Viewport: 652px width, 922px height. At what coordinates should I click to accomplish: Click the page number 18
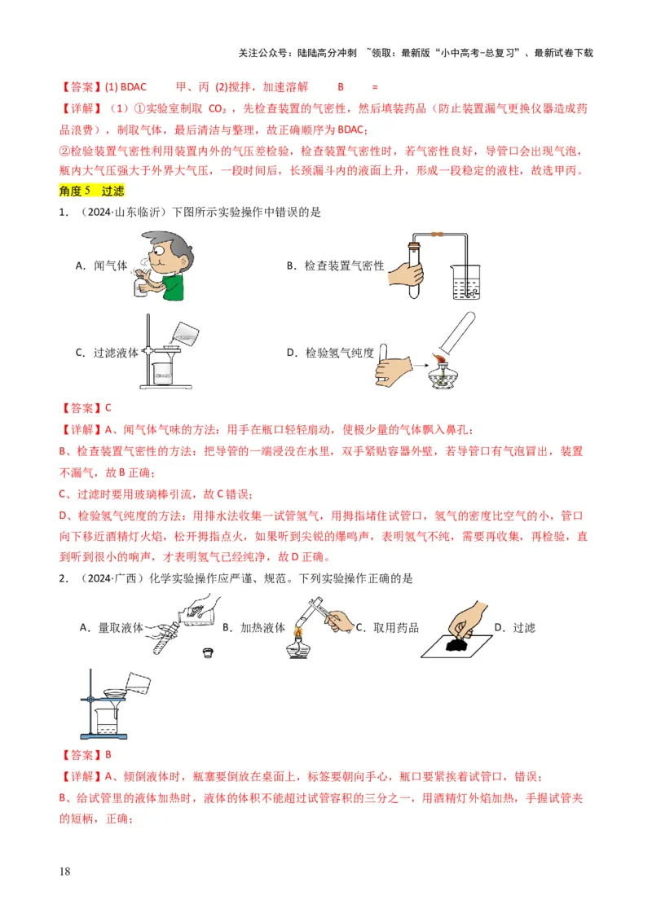pyautogui.click(x=65, y=872)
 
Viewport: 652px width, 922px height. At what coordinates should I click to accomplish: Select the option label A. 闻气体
pyautogui.click(x=102, y=266)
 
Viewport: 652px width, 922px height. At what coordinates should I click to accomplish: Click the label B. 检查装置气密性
pyautogui.click(x=335, y=266)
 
